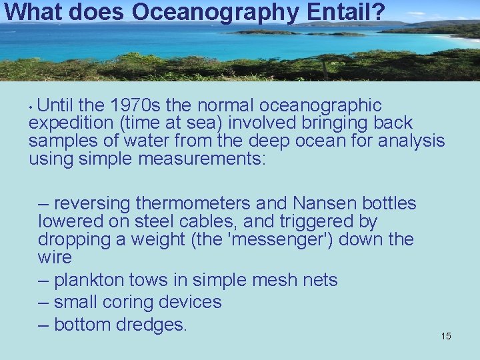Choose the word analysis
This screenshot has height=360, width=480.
click(411, 141)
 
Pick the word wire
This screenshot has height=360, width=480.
click(55, 257)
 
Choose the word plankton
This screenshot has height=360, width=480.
click(92, 280)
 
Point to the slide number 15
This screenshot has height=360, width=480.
click(446, 336)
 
